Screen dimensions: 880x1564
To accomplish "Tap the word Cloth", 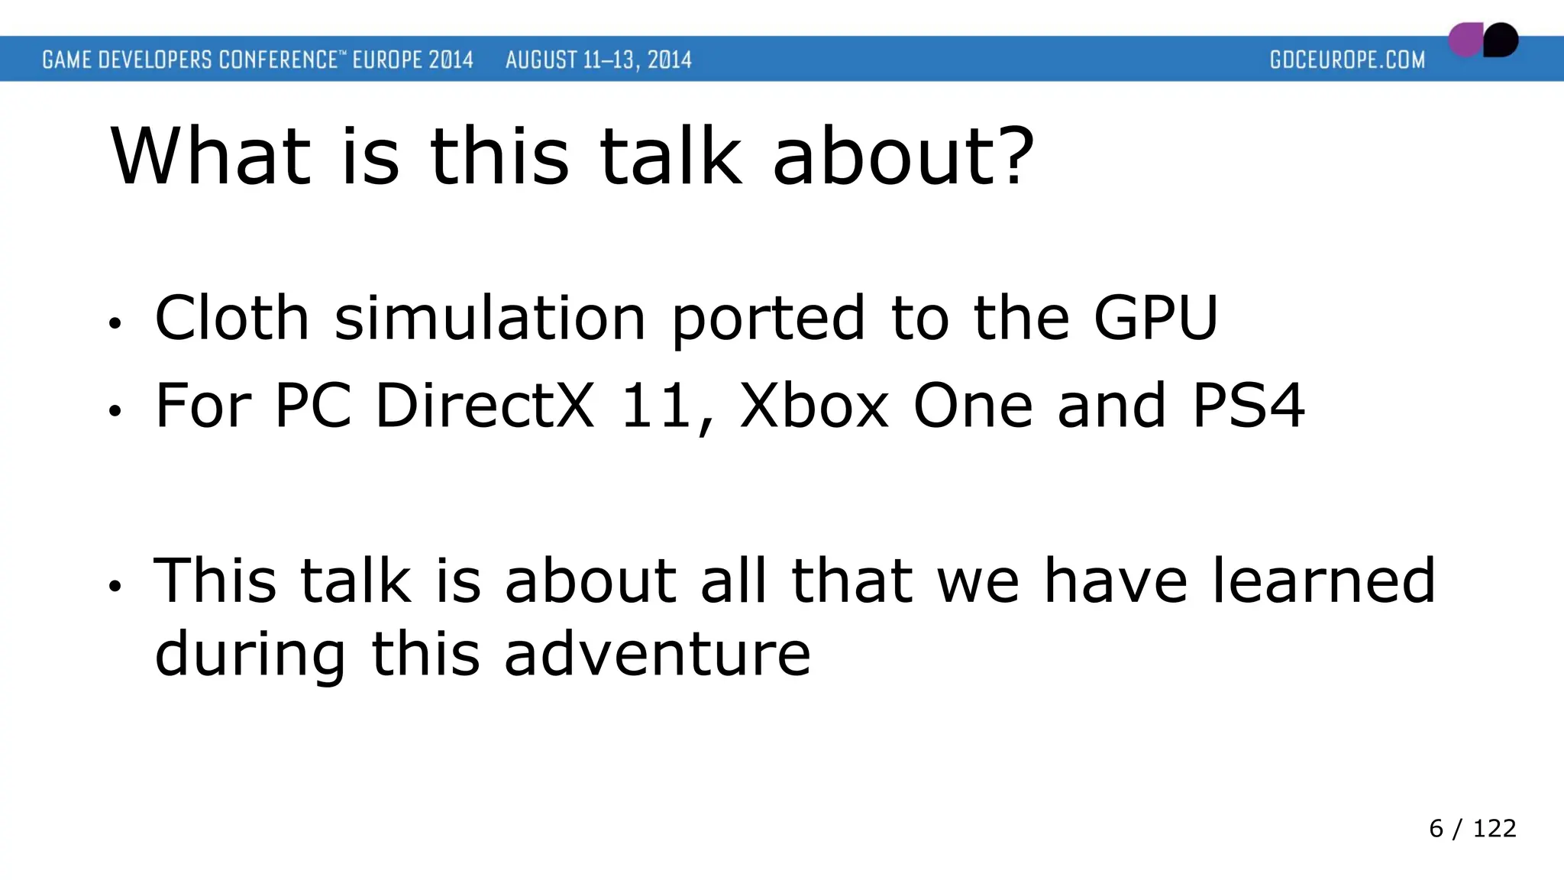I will click(x=231, y=318).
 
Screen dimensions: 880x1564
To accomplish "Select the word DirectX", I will click(x=484, y=406).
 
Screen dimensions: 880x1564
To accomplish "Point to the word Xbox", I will click(x=814, y=406).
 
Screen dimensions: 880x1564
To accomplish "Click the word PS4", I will click(x=1248, y=406).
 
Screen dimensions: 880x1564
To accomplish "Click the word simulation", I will click(x=490, y=318).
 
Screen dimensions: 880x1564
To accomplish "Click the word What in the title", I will click(x=212, y=157).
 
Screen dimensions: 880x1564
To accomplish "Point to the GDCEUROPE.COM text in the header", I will click(x=1347, y=60).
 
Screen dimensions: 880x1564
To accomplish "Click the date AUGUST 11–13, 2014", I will click(x=598, y=60).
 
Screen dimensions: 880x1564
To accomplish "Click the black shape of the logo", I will click(x=1501, y=40).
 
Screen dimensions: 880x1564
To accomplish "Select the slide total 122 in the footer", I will click(x=1494, y=828).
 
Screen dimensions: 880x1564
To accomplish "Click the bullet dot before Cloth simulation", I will click(x=115, y=324).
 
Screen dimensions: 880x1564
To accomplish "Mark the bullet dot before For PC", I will click(x=115, y=412).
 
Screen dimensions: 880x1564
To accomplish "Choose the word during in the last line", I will click(x=250, y=654).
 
